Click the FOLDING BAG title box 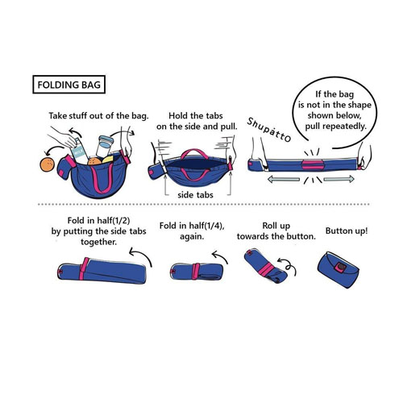(69, 85)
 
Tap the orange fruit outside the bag (47, 165)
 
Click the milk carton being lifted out (80, 152)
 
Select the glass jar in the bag (104, 147)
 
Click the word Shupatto (268, 130)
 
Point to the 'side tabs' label (195, 195)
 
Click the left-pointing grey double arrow (284, 179)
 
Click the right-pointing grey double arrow (339, 179)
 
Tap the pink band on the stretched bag (312, 164)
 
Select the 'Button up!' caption (347, 231)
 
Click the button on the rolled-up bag (341, 267)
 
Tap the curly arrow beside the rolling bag (287, 265)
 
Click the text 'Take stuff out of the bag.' (98, 116)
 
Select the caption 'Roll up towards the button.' (276, 231)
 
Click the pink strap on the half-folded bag (84, 268)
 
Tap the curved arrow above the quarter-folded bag (219, 256)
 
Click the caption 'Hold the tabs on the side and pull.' (197, 121)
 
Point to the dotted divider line (204, 205)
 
